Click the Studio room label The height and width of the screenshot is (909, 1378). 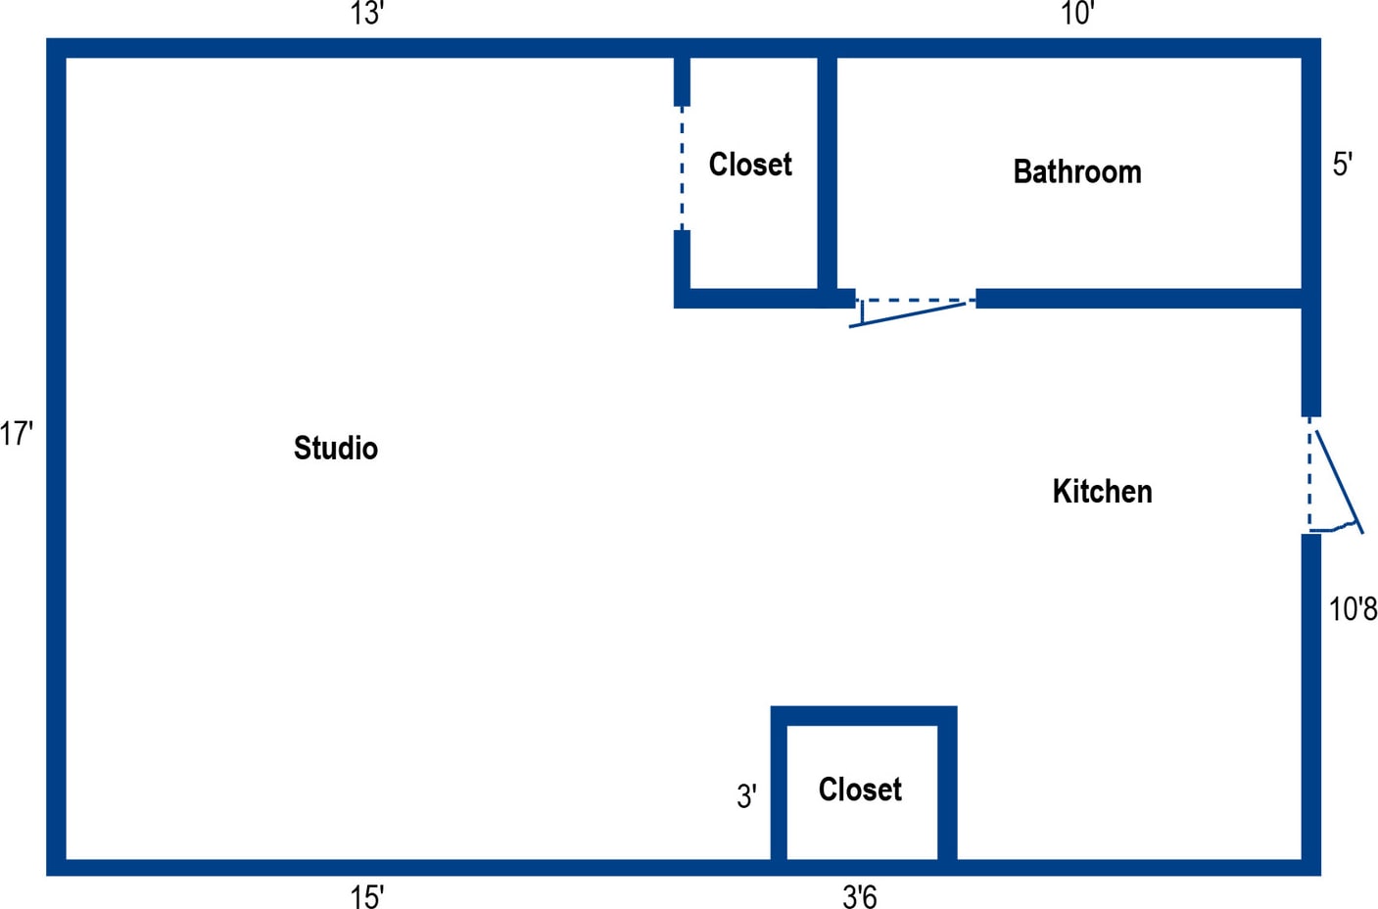336,449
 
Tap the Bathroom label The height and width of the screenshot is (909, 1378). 1076,172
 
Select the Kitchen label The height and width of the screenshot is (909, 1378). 1102,492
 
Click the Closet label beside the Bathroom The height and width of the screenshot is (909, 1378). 750,165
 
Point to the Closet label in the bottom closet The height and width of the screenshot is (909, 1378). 860,789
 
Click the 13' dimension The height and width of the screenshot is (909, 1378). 366,15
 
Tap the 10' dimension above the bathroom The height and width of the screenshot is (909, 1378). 1077,15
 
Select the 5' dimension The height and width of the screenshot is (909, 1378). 1342,165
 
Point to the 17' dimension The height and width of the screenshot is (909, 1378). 17,433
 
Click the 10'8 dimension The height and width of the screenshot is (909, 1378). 1353,609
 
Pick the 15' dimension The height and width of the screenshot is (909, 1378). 367,896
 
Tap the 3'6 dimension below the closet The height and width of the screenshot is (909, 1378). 860,896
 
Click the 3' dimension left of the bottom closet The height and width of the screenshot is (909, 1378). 746,797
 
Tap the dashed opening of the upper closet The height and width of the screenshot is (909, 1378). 683,167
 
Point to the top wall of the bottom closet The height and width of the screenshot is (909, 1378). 863,716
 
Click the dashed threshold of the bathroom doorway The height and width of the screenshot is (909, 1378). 915,301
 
